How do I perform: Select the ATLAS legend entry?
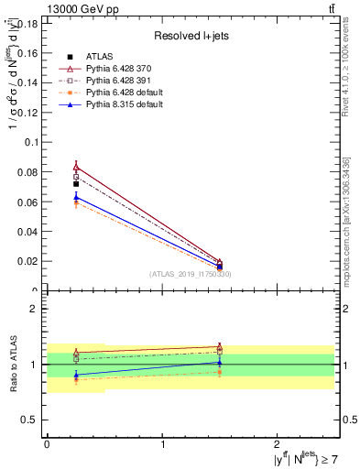click(98, 56)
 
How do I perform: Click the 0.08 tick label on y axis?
click(28, 172)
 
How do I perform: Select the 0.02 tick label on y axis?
click(28, 261)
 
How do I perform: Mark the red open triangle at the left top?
click(76, 167)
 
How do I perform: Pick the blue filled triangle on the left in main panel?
click(76, 196)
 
